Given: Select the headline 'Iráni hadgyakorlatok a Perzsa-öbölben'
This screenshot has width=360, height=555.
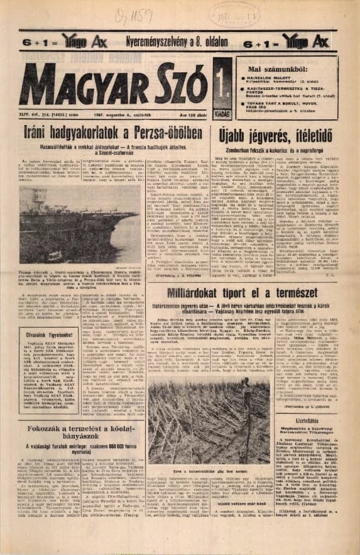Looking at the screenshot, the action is pyautogui.click(x=106, y=134).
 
